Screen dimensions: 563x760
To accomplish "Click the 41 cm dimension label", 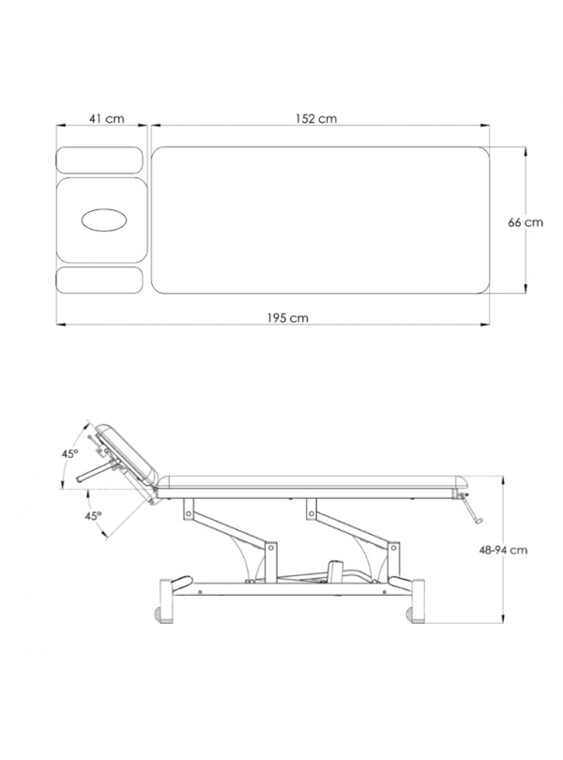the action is click(107, 118).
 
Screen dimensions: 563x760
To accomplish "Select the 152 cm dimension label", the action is click(316, 118).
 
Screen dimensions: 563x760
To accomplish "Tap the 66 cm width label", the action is click(525, 222).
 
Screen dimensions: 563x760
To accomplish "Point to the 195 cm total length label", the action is click(287, 318).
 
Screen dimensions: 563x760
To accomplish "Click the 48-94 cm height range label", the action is click(503, 550).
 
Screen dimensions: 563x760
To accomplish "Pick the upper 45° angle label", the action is click(69, 454).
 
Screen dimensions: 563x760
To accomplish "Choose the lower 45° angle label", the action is click(94, 516).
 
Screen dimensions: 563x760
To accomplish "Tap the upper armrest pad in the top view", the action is click(99, 160).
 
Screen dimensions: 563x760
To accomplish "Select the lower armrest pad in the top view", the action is click(99, 281).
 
